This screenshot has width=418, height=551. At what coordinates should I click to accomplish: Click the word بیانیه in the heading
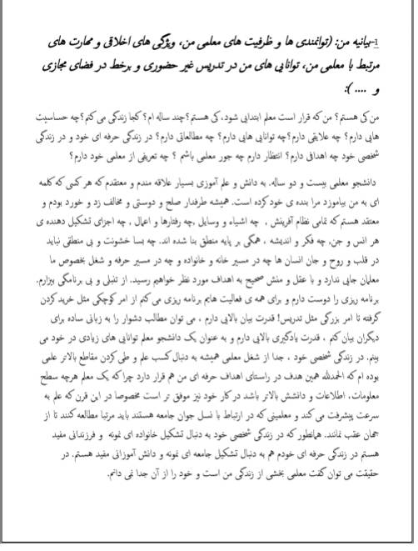point(371,41)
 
